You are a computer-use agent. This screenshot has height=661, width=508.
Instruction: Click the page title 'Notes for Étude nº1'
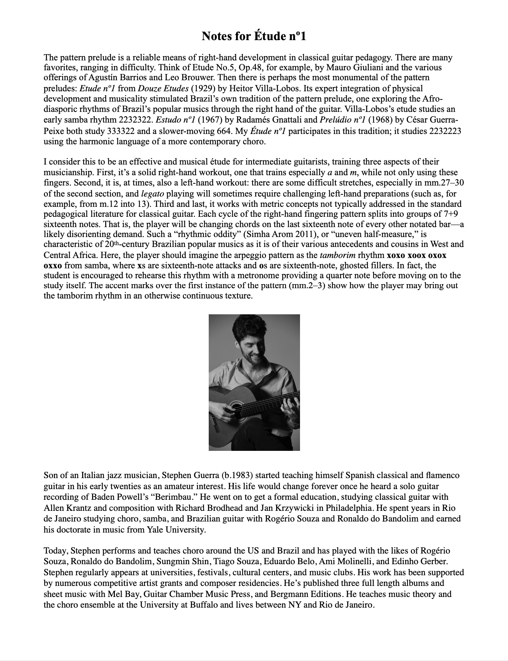click(254, 36)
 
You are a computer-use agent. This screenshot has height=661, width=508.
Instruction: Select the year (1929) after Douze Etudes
click(202, 88)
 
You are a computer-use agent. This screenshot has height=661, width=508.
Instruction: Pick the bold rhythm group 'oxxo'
click(52, 265)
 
